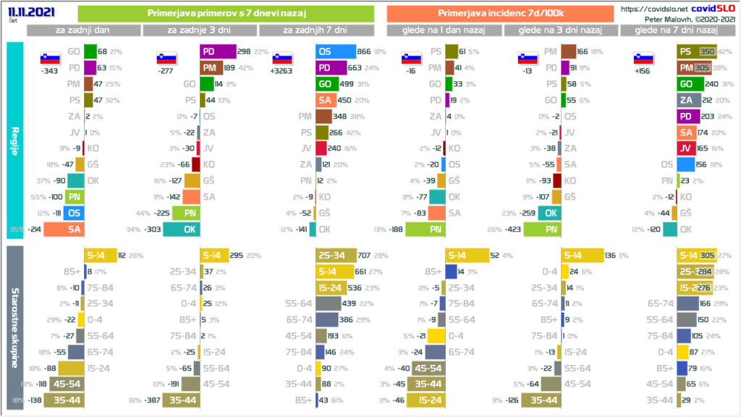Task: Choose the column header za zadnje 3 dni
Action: pyautogui.click(x=200, y=30)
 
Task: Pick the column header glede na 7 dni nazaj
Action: pyautogui.click(x=676, y=30)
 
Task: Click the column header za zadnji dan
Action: pyautogui.click(x=84, y=30)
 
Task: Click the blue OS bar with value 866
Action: pyautogui.click(x=336, y=51)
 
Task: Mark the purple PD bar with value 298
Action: pyautogui.click(x=218, y=51)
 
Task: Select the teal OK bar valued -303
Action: pyautogui.click(x=181, y=229)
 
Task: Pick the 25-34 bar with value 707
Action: pyautogui.click(x=336, y=255)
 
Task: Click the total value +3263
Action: pyautogui.click(x=282, y=72)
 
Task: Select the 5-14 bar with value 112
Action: pyautogui.click(x=98, y=255)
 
